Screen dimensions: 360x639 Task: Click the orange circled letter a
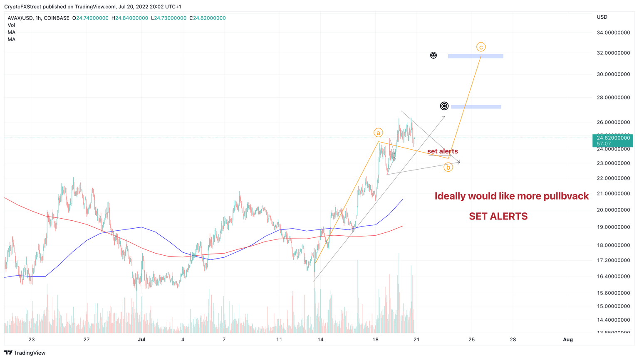[378, 133]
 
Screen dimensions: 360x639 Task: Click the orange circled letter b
[448, 167]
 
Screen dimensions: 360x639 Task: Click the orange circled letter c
[480, 47]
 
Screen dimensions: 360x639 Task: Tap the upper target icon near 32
[433, 55]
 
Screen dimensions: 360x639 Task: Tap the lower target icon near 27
[444, 106]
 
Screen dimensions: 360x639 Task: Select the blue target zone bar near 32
[476, 56]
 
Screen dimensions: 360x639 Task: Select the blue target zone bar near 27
[476, 107]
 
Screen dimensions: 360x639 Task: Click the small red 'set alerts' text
[442, 151]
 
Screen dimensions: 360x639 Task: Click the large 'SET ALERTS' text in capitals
[498, 216]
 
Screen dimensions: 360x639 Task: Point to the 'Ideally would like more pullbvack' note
[511, 196]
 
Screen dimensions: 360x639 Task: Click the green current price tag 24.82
[612, 141]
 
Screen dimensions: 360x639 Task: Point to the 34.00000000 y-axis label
[613, 32]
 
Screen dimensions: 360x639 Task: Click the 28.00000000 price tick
[613, 98]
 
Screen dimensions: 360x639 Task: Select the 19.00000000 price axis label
[613, 227]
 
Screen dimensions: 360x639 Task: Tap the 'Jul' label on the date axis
[141, 339]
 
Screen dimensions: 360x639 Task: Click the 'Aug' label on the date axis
[567, 339]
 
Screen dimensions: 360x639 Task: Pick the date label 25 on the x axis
[471, 339]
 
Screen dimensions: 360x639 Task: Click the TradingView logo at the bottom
[25, 353]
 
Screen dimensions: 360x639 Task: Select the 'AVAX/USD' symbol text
[20, 18]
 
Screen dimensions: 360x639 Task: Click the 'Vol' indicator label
[11, 25]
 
